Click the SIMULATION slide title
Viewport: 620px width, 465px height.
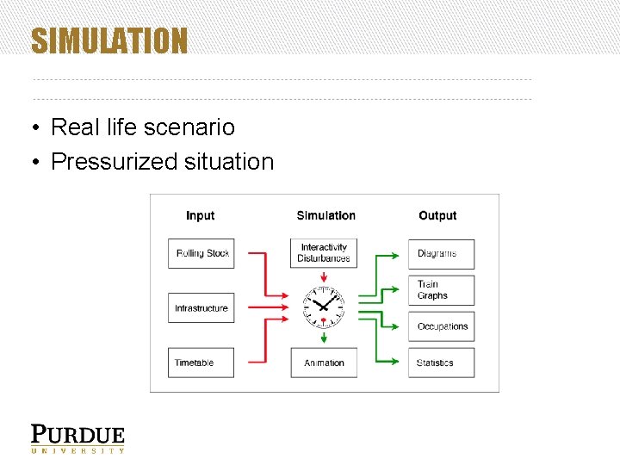tap(109, 40)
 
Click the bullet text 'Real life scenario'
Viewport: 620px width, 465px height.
tap(142, 127)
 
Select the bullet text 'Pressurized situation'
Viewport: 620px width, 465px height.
tap(162, 161)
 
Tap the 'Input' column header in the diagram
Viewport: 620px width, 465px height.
tap(201, 215)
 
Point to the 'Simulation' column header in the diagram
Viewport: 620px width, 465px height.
tap(325, 215)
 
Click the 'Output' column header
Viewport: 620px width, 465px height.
tap(437, 215)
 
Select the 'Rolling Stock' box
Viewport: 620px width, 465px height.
tap(201, 253)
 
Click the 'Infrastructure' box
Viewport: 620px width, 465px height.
tap(201, 308)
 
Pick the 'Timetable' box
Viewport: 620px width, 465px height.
tap(201, 363)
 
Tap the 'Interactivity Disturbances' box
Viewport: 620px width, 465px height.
tap(324, 253)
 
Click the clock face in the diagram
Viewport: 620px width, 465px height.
tap(324, 305)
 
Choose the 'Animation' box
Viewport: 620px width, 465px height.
tap(324, 363)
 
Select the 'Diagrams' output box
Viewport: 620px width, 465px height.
tap(441, 253)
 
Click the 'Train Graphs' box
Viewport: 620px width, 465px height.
tap(441, 290)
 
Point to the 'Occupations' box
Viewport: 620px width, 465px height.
tap(441, 326)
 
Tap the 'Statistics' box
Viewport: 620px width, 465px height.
tap(441, 363)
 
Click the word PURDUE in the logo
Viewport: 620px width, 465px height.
tap(78, 434)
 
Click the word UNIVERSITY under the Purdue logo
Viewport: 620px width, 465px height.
tap(78, 450)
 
